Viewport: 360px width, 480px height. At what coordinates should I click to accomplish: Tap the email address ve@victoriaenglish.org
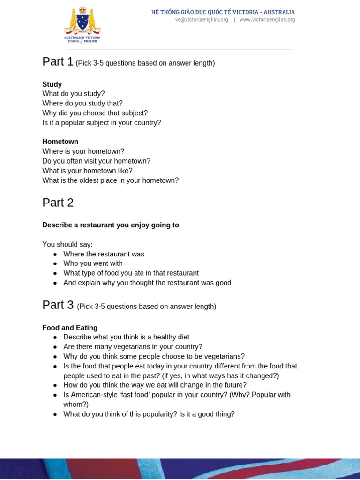pos(202,20)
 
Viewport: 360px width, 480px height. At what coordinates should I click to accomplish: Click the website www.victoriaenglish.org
pos(267,20)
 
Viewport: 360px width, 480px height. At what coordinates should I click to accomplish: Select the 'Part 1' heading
pos(58,62)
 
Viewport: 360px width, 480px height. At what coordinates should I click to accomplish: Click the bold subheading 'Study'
pos(52,84)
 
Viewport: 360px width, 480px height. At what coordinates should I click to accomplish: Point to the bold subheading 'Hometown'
pos(60,142)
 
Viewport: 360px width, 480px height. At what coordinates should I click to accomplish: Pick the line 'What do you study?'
pos(74,94)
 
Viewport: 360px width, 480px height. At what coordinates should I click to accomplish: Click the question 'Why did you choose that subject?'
pos(95,113)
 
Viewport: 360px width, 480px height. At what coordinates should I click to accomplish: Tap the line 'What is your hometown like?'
pos(87,171)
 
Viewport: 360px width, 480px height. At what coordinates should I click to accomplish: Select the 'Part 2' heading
pos(58,202)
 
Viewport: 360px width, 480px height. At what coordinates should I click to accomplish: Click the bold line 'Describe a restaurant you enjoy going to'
pos(111,225)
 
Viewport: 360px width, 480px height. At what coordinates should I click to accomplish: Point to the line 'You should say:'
pos(67,244)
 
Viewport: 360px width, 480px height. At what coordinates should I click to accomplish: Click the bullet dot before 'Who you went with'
pos(55,264)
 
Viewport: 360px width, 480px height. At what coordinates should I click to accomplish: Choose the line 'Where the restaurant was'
pos(104,254)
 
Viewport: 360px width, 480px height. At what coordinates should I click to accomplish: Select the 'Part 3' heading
pos(58,305)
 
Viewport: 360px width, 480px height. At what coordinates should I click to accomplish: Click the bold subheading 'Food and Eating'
pos(70,328)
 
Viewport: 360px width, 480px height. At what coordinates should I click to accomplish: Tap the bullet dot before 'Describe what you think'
pos(55,337)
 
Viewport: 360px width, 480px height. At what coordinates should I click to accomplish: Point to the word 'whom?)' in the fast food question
pos(76,405)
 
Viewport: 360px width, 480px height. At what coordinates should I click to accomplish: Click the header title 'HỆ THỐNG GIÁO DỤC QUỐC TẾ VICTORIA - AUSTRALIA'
pos(223,12)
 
